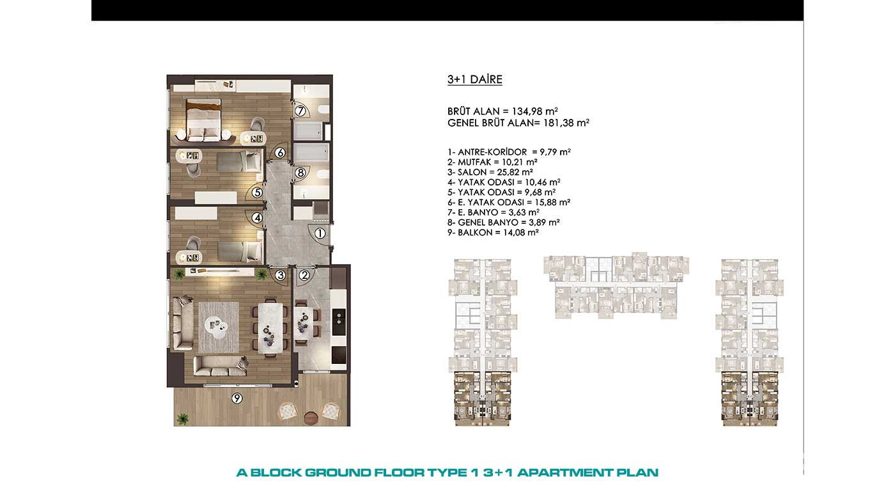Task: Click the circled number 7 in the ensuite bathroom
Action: coord(300,110)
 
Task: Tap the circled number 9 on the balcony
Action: coord(237,398)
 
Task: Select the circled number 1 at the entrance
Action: coord(320,233)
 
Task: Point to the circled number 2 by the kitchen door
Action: coord(304,275)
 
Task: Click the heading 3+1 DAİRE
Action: coord(474,79)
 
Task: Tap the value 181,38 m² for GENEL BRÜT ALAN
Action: coord(566,123)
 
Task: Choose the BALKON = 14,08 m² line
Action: coord(493,233)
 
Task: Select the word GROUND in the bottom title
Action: coord(338,473)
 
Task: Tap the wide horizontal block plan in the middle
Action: coord(616,285)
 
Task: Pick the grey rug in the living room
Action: coord(219,327)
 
